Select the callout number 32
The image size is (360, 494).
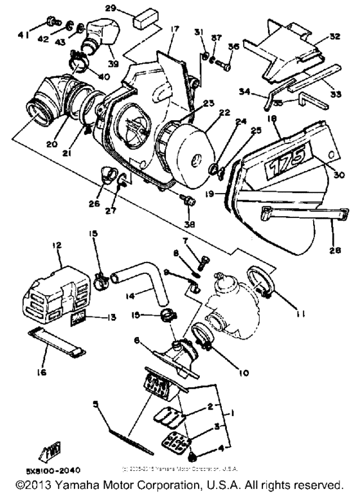[333, 36]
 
